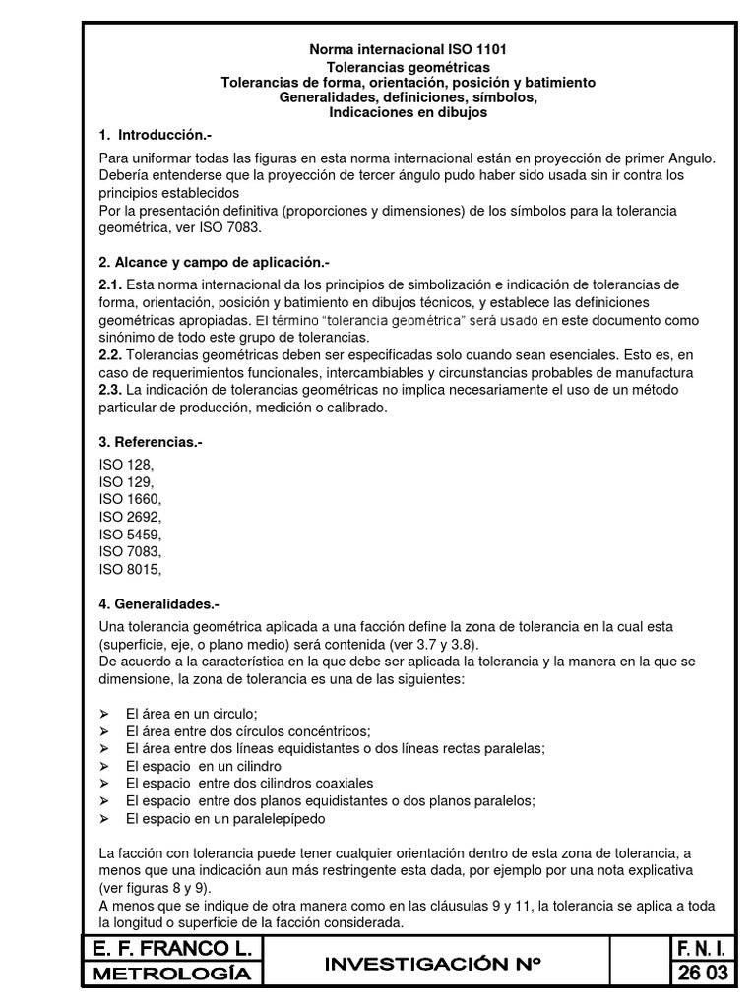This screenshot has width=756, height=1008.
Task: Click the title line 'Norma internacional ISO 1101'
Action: pos(409,48)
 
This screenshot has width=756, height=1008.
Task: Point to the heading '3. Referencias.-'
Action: pos(151,443)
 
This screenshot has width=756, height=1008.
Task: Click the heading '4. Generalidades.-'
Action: pos(159,601)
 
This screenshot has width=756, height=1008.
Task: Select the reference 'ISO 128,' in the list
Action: pos(127,464)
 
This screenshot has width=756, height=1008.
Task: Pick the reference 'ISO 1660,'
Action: pos(131,499)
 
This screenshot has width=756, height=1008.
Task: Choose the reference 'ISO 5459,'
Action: pos(131,535)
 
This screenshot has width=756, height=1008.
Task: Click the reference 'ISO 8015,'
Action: pos(131,569)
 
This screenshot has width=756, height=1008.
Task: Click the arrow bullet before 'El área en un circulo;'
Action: pos(105,713)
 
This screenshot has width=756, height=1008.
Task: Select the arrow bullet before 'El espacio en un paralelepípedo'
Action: pos(105,818)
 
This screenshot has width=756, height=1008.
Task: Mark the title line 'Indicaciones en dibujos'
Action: pos(409,113)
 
